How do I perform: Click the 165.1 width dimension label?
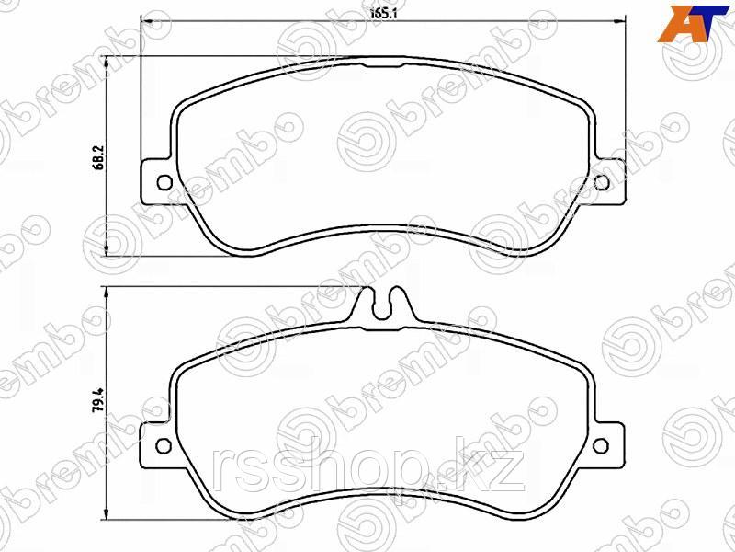[383, 14]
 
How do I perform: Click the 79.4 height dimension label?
[98, 400]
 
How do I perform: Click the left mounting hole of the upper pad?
[164, 182]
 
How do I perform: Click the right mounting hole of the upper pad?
[602, 182]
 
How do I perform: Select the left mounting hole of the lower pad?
[164, 446]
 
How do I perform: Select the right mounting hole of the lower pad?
[601, 446]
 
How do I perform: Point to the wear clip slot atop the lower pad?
[383, 304]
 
